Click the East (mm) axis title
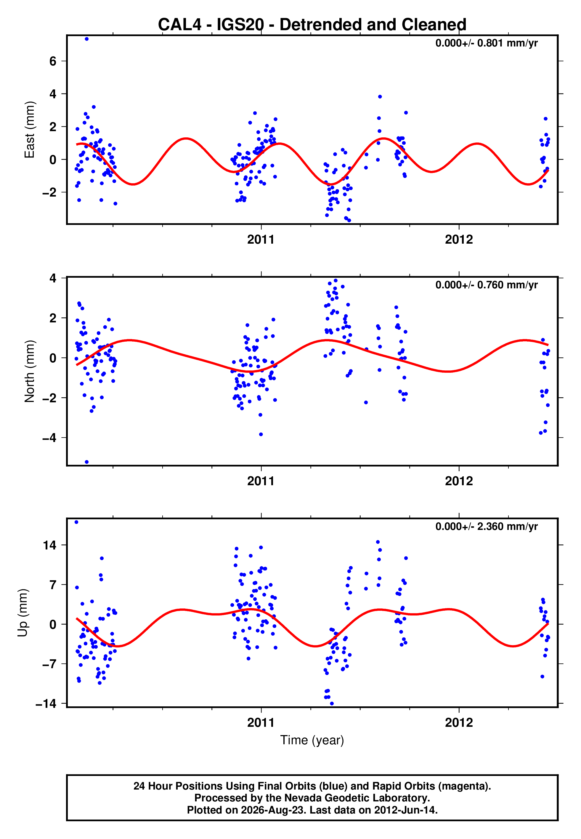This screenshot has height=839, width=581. pos(30,130)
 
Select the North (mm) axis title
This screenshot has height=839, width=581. pos(30,371)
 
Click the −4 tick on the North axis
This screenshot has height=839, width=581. pos(49,438)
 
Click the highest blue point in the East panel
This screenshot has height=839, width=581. pos(87,39)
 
